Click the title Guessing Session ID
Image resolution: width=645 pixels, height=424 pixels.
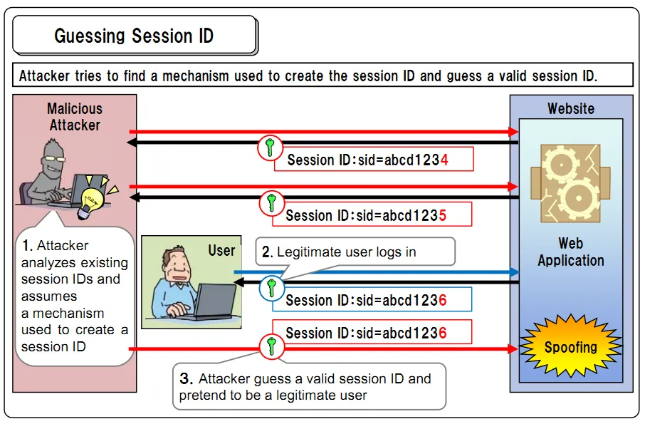click(134, 36)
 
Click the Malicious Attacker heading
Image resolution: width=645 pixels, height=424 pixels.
click(75, 117)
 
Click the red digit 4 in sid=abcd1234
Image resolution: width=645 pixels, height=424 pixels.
click(444, 160)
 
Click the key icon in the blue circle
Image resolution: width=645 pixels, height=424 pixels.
click(271, 289)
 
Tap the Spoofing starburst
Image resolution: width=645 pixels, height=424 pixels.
click(570, 348)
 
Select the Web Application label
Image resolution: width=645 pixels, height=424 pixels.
click(570, 252)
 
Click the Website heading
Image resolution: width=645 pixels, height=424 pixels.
click(570, 108)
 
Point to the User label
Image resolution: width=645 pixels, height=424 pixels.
click(221, 251)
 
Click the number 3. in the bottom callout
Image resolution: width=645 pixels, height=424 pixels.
click(185, 379)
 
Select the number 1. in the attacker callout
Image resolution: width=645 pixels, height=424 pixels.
click(27, 246)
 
